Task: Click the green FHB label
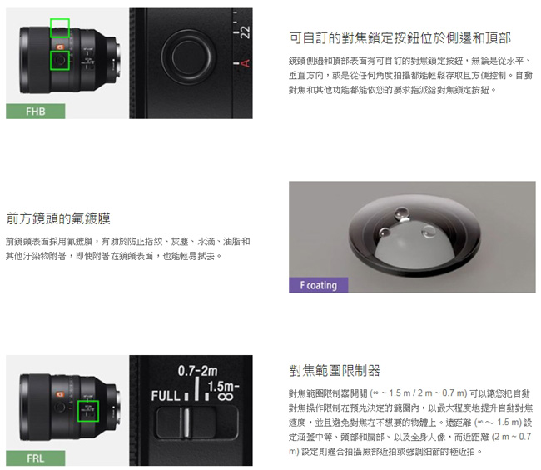(36, 111)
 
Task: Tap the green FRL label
(36, 457)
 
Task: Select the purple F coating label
(319, 285)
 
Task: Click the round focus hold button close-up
(189, 57)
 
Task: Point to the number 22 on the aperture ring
(245, 32)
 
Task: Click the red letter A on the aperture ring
(245, 63)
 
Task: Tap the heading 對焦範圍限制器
(335, 371)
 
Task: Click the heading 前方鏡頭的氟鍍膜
(58, 218)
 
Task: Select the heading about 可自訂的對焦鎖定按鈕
(400, 38)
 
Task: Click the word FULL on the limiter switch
(166, 396)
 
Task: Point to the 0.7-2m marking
(198, 371)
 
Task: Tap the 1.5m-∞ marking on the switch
(224, 391)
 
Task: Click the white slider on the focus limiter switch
(186, 422)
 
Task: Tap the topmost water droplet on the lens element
(401, 213)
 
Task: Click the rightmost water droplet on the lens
(429, 232)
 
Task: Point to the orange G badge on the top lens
(60, 47)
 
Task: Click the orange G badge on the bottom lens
(60, 394)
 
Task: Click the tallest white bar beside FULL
(197, 388)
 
